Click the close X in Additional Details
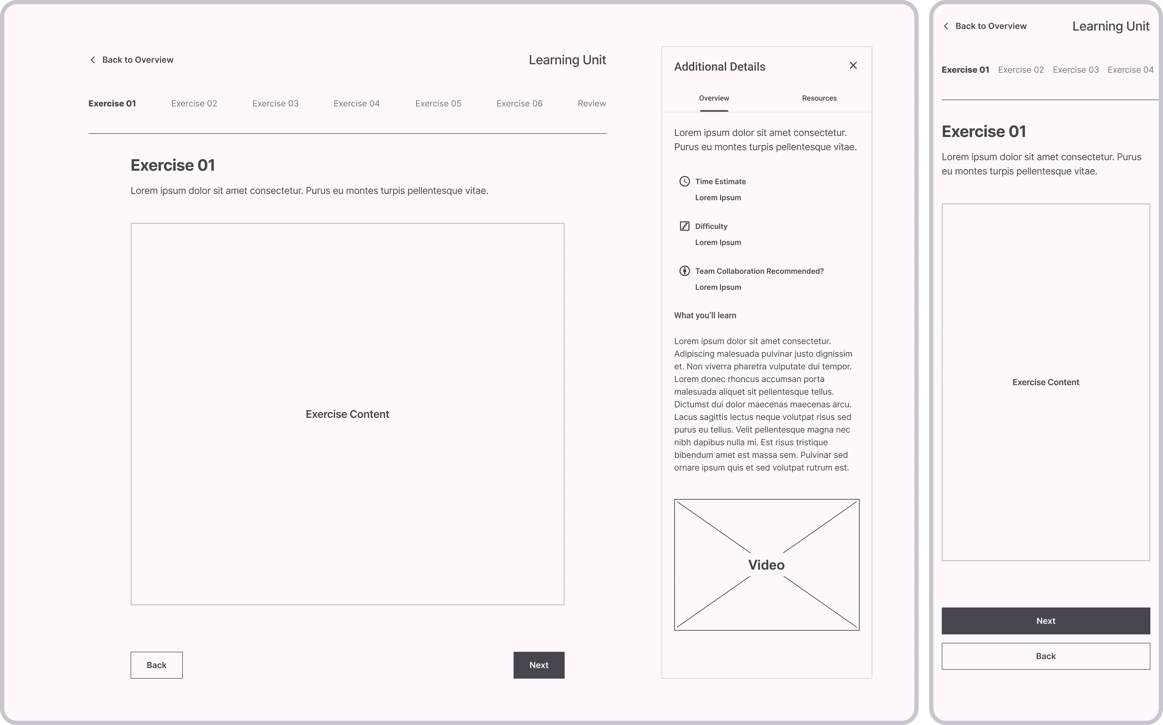tap(853, 66)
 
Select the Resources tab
tap(819, 98)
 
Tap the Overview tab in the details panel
tap(713, 98)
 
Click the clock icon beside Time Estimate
tap(684, 181)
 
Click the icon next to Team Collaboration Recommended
tap(684, 271)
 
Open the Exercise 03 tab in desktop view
tap(275, 104)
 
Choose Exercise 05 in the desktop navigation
tap(438, 104)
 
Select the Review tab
tap(591, 104)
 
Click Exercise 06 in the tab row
tap(519, 104)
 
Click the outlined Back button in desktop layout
tap(156, 665)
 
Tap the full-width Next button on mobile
tap(1045, 621)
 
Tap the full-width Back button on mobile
tap(1045, 657)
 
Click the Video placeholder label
tap(766, 565)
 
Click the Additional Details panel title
tap(719, 67)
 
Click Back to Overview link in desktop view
tap(137, 60)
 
